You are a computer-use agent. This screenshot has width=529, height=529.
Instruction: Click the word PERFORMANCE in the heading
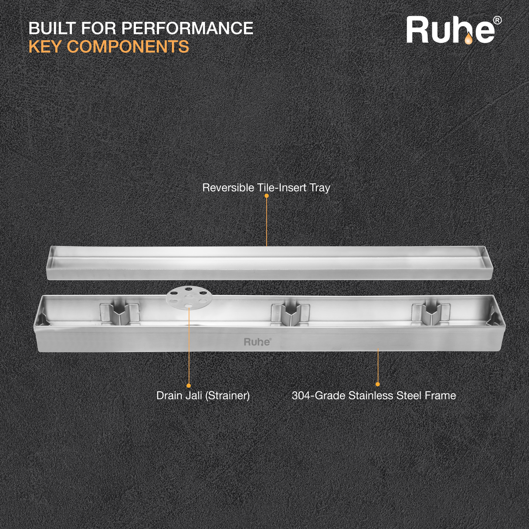[187, 28]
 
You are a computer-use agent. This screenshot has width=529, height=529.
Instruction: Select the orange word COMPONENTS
[128, 46]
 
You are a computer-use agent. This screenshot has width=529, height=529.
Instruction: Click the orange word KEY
[46, 46]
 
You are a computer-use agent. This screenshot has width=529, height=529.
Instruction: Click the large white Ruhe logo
[451, 30]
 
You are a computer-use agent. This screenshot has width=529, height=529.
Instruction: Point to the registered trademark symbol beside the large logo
[498, 20]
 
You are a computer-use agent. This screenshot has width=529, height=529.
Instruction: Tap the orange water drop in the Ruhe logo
[468, 39]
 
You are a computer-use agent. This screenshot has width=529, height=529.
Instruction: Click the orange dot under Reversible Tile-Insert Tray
[266, 196]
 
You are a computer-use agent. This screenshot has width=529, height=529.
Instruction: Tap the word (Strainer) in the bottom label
[227, 396]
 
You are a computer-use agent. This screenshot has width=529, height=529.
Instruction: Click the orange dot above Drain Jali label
[189, 386]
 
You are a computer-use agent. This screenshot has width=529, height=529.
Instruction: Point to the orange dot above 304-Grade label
[378, 384]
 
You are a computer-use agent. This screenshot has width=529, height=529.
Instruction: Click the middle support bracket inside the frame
[290, 315]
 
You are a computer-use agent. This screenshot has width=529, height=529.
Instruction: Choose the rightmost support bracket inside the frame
[431, 314]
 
